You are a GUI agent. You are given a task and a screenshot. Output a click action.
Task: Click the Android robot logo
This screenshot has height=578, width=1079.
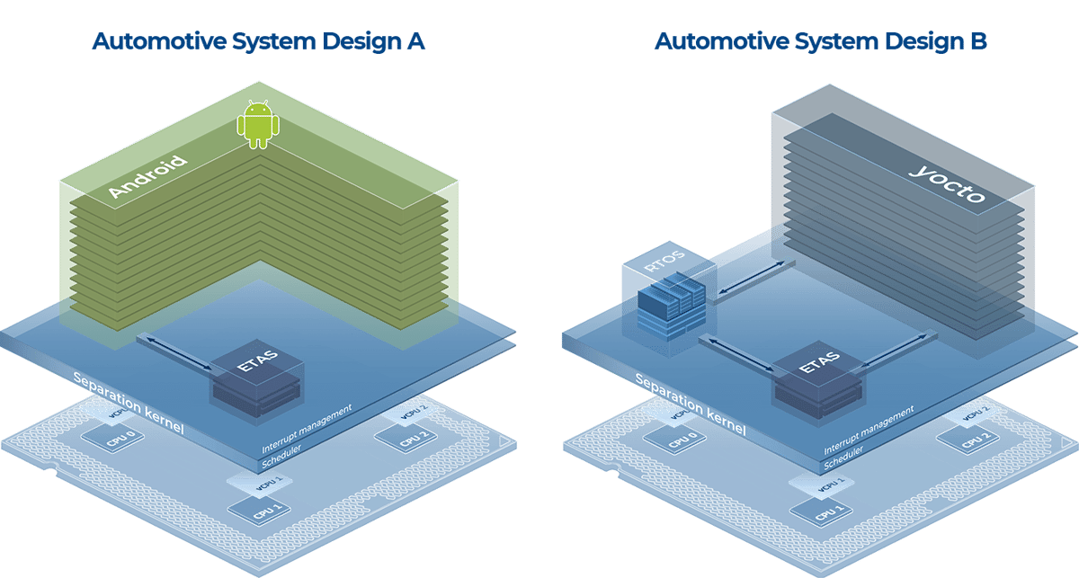tap(257, 125)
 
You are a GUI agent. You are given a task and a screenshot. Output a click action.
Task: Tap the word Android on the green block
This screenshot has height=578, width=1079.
tap(147, 177)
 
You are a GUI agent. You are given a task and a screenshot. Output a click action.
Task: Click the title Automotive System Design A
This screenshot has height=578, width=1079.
tap(257, 42)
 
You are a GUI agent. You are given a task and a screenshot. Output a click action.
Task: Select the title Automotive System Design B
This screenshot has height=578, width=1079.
tap(820, 42)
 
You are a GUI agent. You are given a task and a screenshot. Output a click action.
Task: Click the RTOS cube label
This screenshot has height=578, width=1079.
tap(664, 265)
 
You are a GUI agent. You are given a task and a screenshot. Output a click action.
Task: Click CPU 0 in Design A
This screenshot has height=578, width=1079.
tap(115, 438)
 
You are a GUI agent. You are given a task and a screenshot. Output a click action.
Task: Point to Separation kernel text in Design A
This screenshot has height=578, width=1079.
tap(128, 402)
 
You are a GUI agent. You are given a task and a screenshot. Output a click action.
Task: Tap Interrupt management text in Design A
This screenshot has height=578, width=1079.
tap(307, 426)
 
